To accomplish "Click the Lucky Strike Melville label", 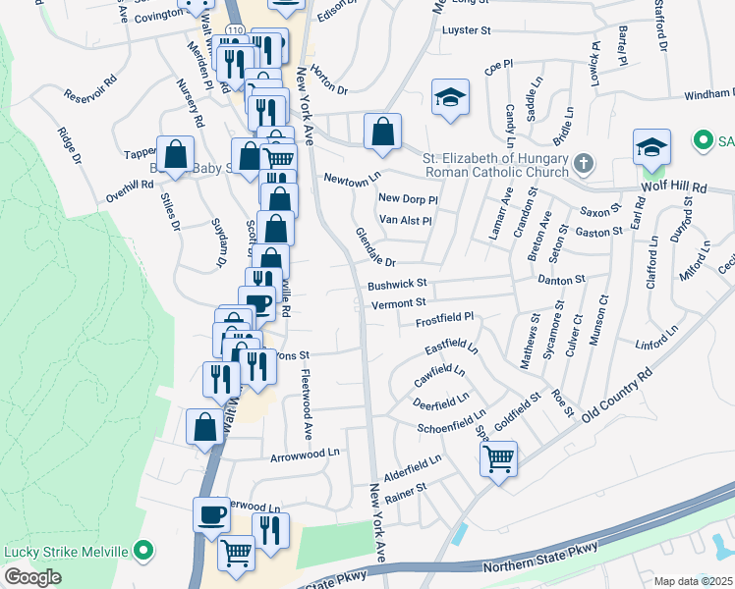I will tap(67, 551).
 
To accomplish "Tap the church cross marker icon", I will tap(583, 163).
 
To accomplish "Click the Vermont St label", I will tap(399, 303).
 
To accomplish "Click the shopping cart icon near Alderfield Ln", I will tap(499, 456).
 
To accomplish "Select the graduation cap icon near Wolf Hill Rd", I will tap(651, 147).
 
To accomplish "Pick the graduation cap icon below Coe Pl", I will tap(450, 97).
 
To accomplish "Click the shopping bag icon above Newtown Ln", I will tap(382, 132).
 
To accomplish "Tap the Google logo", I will tap(32, 577).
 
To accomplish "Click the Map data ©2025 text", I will tap(693, 581).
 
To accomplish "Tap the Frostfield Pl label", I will tap(444, 318).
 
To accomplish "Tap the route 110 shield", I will tap(233, 31).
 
